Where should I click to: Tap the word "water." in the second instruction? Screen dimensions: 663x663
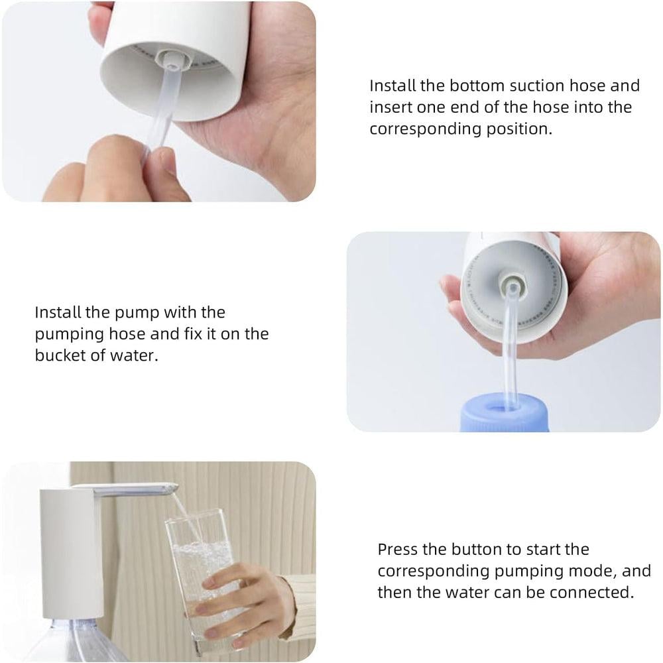tap(134, 355)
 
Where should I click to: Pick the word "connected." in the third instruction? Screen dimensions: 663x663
tap(592, 592)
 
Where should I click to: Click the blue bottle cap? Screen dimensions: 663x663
tap(505, 412)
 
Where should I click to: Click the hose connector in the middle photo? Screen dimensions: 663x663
tap(512, 286)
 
